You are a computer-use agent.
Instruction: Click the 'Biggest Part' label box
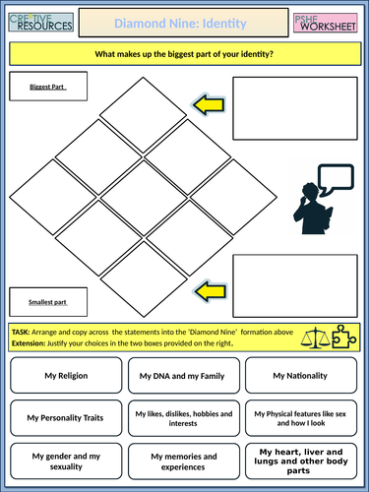tap(46, 88)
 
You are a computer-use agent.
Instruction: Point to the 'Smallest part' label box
tap(46, 297)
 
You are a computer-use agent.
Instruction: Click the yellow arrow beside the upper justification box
tap(210, 103)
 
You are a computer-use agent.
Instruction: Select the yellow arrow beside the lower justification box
tap(210, 289)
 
